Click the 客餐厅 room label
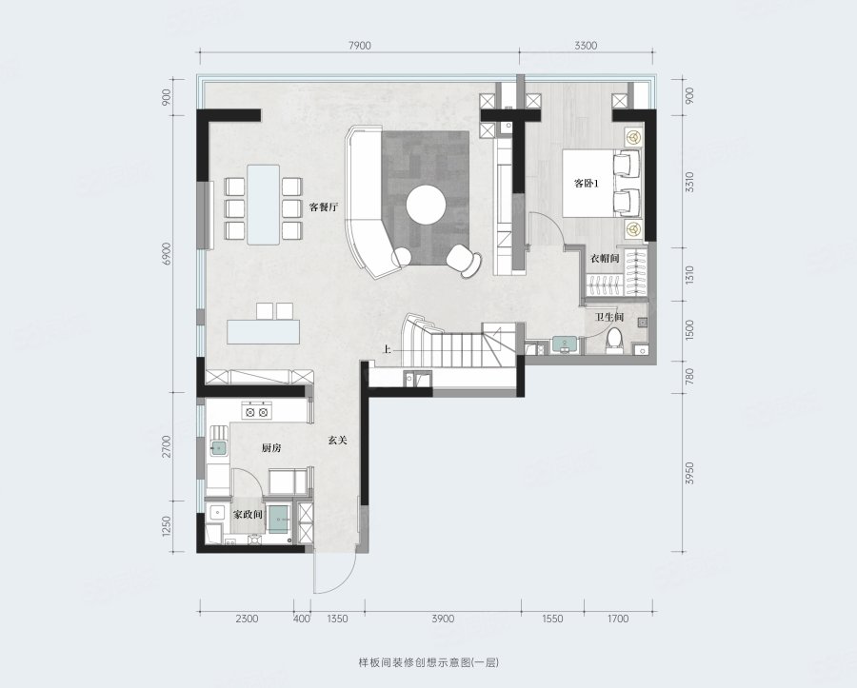[324, 207]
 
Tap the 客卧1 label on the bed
[587, 184]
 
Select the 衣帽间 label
[605, 258]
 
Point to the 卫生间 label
[609, 317]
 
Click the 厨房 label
[271, 448]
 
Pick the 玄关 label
[338, 440]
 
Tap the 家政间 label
[249, 515]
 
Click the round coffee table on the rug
[426, 205]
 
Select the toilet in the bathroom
[614, 339]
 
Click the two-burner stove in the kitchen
[256, 412]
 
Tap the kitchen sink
[219, 448]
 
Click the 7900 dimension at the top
[359, 46]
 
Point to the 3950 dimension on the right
[689, 473]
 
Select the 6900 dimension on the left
[168, 254]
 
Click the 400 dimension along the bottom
[302, 619]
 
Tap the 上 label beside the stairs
[387, 349]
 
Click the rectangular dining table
[264, 205]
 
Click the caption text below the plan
[428, 663]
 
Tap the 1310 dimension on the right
[689, 274]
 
